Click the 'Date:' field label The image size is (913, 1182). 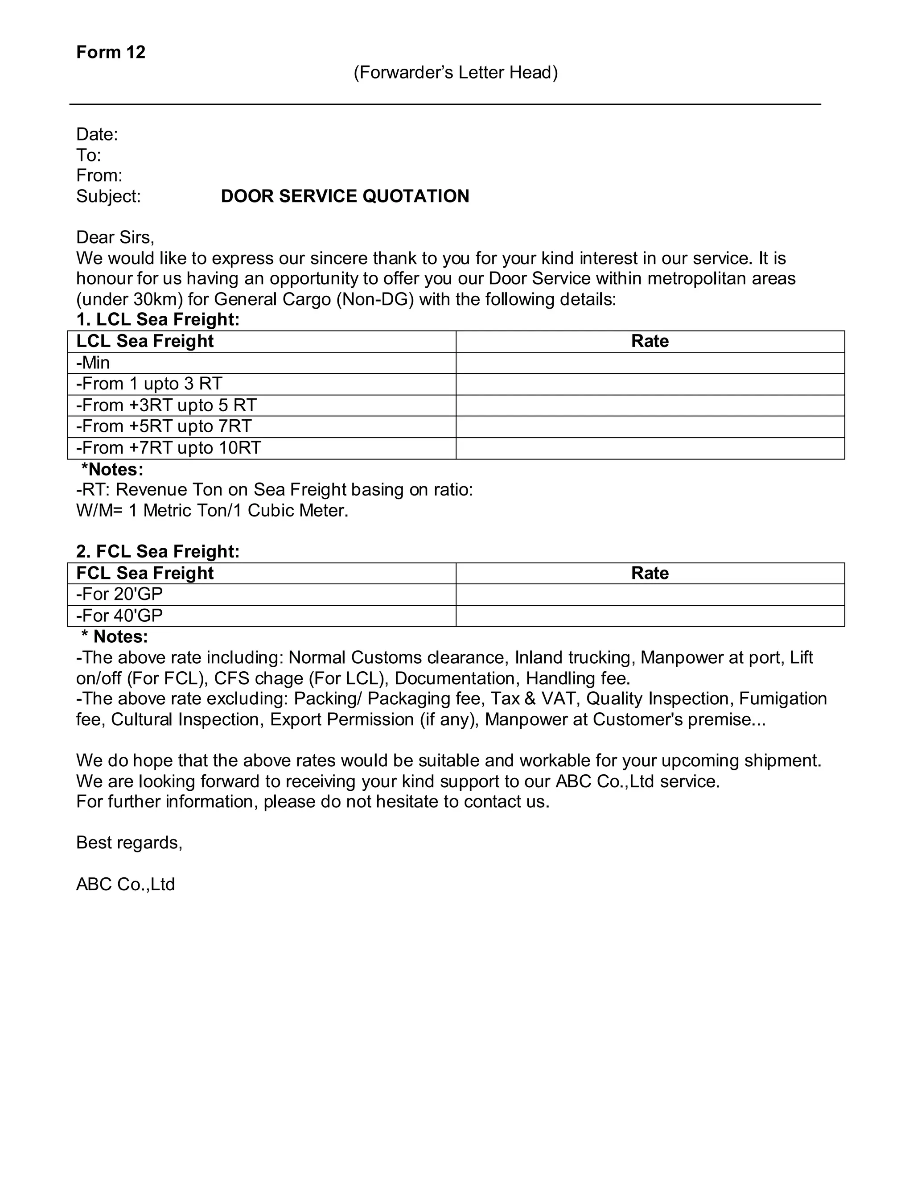tap(97, 134)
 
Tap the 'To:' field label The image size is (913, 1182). tap(89, 155)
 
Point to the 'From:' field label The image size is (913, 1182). tap(99, 175)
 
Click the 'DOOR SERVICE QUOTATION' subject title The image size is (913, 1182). tap(345, 196)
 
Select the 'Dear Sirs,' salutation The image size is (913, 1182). tap(115, 237)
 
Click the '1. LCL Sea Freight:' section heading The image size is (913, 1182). tap(158, 319)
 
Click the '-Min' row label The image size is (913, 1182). tap(93, 363)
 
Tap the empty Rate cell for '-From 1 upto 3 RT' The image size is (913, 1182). tap(650, 384)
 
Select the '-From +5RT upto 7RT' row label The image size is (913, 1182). tap(164, 426)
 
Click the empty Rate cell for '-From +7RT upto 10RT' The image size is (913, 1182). tap(650, 448)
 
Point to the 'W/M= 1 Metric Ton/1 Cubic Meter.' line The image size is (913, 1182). tap(212, 510)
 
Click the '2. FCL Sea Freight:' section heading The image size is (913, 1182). tap(158, 551)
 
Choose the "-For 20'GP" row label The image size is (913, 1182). tap(119, 594)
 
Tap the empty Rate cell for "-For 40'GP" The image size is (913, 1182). tap(650, 616)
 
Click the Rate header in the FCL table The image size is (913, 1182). tap(650, 573)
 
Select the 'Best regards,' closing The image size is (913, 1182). tap(129, 843)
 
